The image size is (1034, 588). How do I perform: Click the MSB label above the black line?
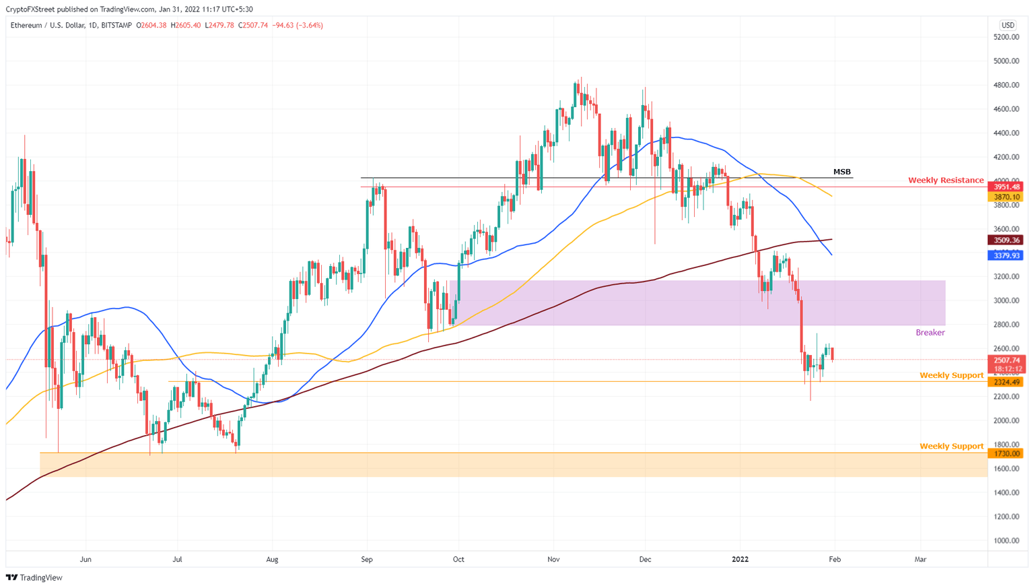[841, 172]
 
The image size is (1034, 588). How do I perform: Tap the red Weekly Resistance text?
[945, 181]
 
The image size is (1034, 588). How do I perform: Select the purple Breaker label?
[930, 333]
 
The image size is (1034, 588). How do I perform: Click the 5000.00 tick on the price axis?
[1006, 61]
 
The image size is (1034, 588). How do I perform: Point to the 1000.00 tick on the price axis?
[1006, 541]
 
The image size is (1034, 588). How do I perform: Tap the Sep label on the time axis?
[367, 560]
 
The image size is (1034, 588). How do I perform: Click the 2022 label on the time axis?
[740, 560]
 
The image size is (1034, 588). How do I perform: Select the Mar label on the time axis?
[920, 560]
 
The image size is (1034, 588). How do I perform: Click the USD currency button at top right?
[1007, 25]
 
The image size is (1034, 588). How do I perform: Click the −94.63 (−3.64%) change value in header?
[297, 26]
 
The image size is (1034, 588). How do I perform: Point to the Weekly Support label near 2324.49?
[951, 376]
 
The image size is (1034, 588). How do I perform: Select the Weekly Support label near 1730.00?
[951, 447]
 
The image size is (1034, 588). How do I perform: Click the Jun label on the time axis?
[85, 560]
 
